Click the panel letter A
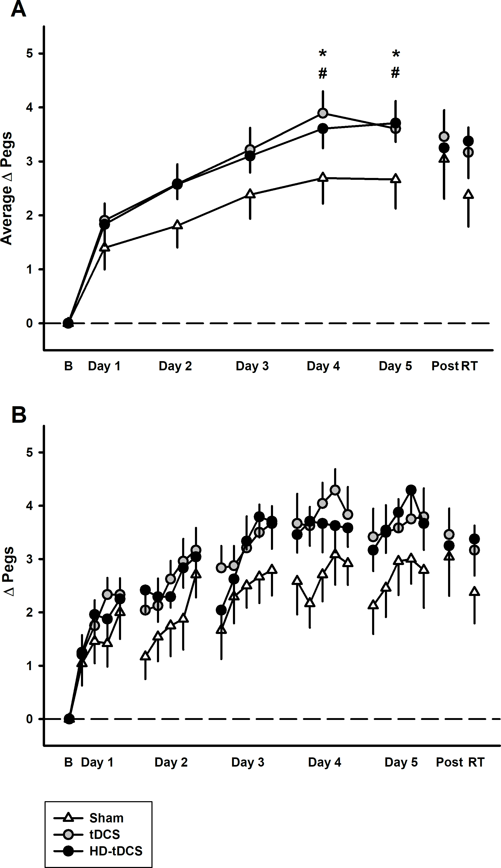(18, 9)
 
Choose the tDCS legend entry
(105, 834)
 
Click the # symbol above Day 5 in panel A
(395, 73)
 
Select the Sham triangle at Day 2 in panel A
(177, 225)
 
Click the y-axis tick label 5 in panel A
(30, 54)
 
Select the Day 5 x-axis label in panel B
(401, 762)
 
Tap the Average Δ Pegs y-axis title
(7, 188)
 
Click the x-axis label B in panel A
(68, 366)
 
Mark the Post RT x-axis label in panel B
(460, 762)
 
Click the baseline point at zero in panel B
(69, 719)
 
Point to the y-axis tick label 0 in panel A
(30, 323)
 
